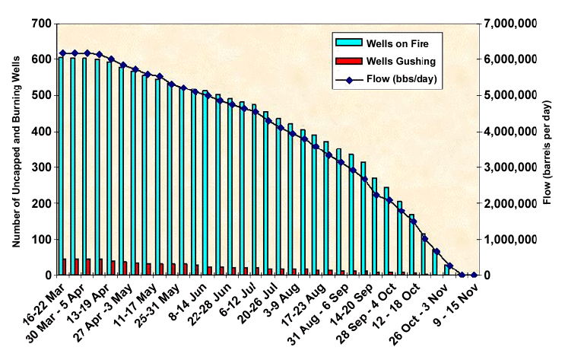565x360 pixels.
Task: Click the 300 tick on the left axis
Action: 41,167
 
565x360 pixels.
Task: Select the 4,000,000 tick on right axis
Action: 510,132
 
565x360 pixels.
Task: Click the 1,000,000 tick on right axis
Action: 510,240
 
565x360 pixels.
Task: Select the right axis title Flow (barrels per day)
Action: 549,150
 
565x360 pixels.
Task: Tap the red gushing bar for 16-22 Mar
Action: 65,267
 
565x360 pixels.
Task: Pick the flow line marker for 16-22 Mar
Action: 62,53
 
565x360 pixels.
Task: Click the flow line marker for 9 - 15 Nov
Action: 474,275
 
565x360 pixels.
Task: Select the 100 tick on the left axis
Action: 41,240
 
